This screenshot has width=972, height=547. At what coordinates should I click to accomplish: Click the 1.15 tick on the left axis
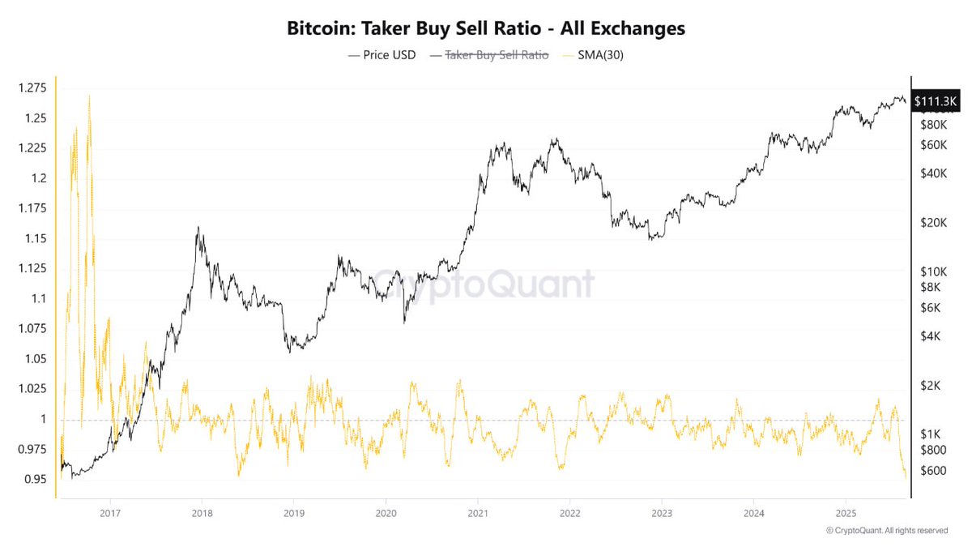(36, 238)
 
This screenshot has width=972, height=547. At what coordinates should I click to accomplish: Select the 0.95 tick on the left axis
(36, 479)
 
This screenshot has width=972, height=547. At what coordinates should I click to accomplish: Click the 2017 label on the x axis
(110, 514)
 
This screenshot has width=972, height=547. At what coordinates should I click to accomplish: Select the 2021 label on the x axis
(478, 514)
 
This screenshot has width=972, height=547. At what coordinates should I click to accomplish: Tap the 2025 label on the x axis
(846, 514)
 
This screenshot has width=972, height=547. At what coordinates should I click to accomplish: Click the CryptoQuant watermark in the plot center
(486, 284)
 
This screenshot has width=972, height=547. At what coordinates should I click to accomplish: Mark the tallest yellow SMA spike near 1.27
(88, 96)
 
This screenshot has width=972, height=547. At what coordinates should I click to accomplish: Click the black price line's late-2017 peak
(198, 229)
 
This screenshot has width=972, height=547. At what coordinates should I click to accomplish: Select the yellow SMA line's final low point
(906, 477)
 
